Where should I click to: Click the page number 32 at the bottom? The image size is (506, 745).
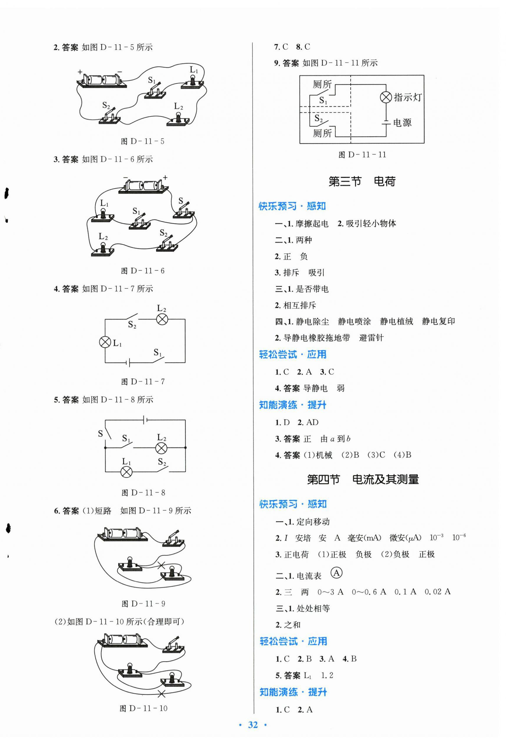click(x=253, y=725)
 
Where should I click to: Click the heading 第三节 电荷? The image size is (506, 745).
click(x=362, y=181)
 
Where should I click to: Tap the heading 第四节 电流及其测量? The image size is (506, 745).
click(x=363, y=479)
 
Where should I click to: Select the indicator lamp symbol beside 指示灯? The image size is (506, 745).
click(x=386, y=97)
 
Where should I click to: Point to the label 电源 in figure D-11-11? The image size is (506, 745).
click(x=402, y=123)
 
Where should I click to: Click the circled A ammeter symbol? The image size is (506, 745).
click(x=336, y=573)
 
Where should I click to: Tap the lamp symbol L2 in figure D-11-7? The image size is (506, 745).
click(x=162, y=319)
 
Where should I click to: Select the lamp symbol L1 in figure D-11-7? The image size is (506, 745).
click(x=105, y=342)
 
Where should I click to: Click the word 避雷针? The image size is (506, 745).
click(x=371, y=337)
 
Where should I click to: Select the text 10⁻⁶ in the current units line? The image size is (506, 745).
click(x=459, y=538)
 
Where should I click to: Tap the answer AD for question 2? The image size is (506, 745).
click(x=312, y=422)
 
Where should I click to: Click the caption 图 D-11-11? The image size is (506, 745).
click(x=362, y=155)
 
